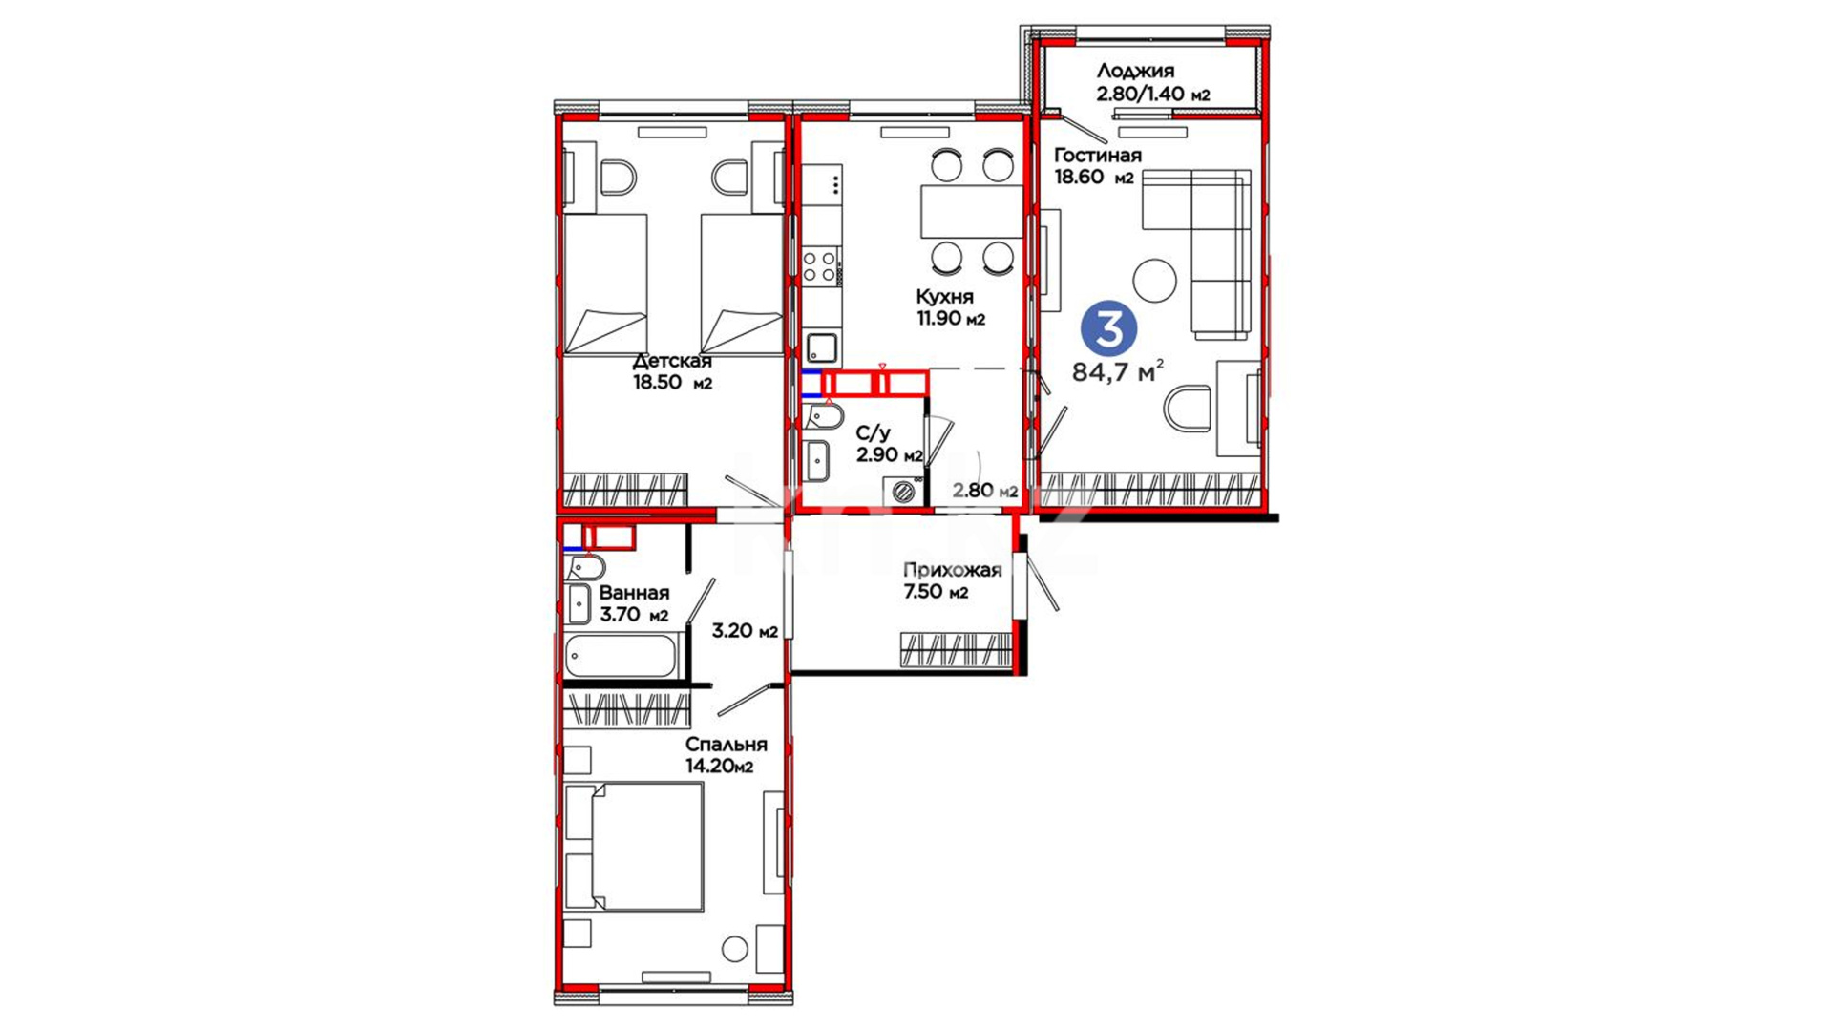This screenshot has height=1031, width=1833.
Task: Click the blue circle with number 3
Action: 1108,328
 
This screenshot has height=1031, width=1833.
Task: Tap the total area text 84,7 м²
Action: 1118,371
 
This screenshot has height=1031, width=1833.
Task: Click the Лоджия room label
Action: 1135,71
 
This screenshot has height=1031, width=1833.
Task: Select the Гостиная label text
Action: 1097,156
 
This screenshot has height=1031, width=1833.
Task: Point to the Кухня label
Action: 944,297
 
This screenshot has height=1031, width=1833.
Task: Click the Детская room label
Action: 672,361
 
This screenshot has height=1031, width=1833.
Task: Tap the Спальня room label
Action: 726,745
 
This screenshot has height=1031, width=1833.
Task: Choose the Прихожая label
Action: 952,571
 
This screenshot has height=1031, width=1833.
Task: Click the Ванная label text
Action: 634,593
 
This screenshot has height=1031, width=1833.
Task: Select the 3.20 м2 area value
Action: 745,631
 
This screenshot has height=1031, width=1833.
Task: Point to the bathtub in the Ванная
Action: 621,656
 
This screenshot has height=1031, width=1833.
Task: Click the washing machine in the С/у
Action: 903,492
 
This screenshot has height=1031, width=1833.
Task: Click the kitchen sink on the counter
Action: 821,346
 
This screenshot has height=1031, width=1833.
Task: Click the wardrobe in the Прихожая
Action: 956,649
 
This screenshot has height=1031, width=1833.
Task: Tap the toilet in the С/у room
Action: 822,417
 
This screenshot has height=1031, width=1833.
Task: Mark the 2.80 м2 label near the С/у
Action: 985,491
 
